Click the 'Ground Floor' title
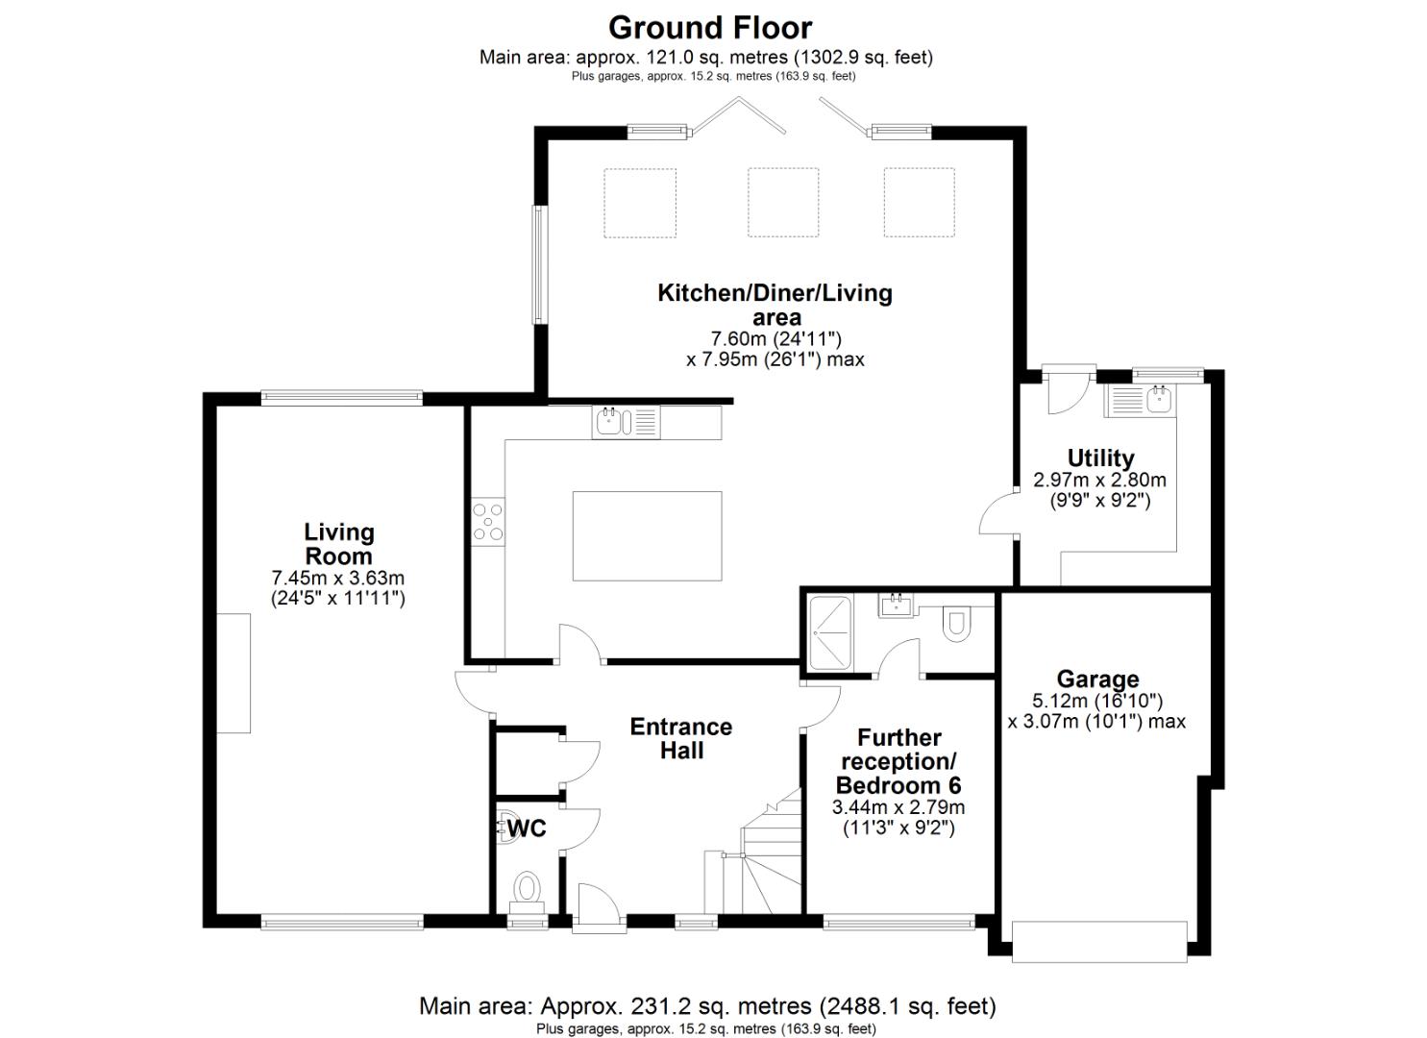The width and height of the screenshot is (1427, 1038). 709,27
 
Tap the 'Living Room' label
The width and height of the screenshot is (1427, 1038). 338,544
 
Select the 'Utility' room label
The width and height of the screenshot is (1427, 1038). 1100,457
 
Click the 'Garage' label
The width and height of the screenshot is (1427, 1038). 1097,680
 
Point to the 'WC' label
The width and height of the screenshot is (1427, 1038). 527,828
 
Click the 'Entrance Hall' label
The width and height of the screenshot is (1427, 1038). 680,738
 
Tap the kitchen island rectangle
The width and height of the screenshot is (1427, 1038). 647,536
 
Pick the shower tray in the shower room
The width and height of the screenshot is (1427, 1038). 828,632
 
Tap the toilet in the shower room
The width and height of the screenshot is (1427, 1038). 956,623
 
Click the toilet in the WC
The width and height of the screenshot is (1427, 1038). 528,888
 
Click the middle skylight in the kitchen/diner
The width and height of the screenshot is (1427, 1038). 783,203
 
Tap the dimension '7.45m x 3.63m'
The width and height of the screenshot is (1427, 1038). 338,579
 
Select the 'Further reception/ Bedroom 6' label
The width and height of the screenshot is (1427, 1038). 898,761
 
